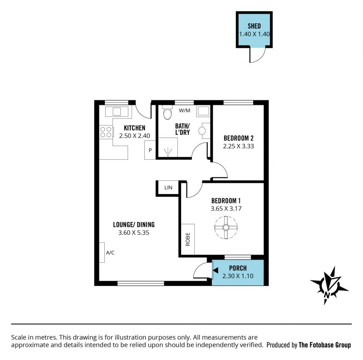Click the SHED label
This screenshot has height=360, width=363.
tap(254, 26)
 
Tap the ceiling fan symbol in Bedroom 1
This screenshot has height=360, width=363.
tap(226, 227)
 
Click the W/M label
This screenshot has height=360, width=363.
tap(185, 110)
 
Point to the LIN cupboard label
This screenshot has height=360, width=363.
tap(168, 187)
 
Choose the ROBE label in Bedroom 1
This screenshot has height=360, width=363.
tap(188, 239)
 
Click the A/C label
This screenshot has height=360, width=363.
tap(110, 252)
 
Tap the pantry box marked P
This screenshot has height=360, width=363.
tap(150, 150)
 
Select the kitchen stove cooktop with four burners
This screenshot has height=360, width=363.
tap(106, 132)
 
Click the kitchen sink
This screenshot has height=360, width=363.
tap(117, 112)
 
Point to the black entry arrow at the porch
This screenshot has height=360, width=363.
tap(216, 271)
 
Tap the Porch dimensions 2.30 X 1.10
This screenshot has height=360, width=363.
tap(238, 276)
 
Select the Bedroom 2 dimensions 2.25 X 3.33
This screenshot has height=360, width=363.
tap(239, 146)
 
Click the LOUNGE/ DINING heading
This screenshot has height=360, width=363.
tap(134, 224)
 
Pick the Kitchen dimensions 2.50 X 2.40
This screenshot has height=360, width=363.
tap(134, 136)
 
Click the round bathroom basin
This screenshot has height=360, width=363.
tap(202, 131)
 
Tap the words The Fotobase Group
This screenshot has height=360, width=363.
tap(325, 345)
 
